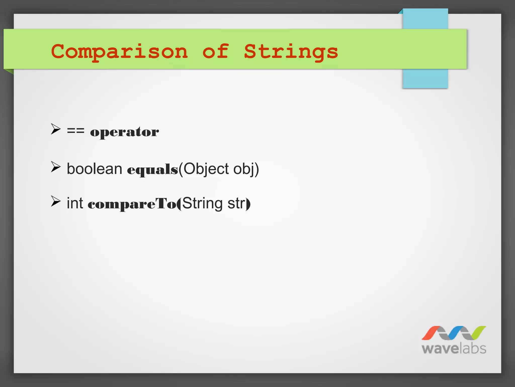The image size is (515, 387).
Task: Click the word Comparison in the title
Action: coord(119,52)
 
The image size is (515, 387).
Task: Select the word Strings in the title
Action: coord(291,52)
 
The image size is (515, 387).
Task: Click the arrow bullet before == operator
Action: coord(56,129)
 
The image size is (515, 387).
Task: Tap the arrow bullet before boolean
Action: coord(56,167)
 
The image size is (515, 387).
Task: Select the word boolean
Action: coord(94,169)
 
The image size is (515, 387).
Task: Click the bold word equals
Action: coord(152,169)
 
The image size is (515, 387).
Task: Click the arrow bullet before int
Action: coord(56,201)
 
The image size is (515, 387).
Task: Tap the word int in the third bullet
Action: coord(75,203)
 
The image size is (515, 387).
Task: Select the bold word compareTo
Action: coord(132,204)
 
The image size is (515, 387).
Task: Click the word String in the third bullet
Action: coord(202,203)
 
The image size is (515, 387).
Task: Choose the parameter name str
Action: coord(236,203)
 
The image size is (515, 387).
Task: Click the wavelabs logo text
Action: coord(454,349)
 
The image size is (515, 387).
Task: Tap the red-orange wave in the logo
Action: coord(431,333)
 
